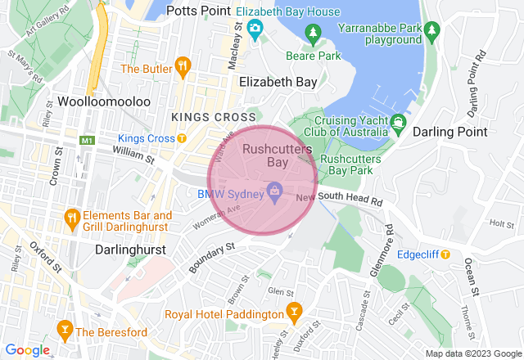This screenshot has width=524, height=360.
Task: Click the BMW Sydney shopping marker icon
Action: tap(275, 193)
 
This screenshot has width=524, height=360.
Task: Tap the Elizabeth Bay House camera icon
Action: tap(255, 30)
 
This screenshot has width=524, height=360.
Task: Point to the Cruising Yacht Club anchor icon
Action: tap(399, 124)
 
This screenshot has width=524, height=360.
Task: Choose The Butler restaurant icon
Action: tap(183, 65)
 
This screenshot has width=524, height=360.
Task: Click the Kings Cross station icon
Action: tap(183, 138)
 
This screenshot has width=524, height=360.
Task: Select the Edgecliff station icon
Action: tap(445, 254)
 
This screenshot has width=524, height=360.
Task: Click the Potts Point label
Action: tap(199, 11)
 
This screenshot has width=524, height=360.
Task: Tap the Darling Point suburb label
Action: tap(450, 132)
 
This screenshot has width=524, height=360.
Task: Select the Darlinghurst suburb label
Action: tap(130, 249)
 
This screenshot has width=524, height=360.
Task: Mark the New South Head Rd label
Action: tap(339, 199)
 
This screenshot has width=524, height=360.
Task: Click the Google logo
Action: tap(28, 349)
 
